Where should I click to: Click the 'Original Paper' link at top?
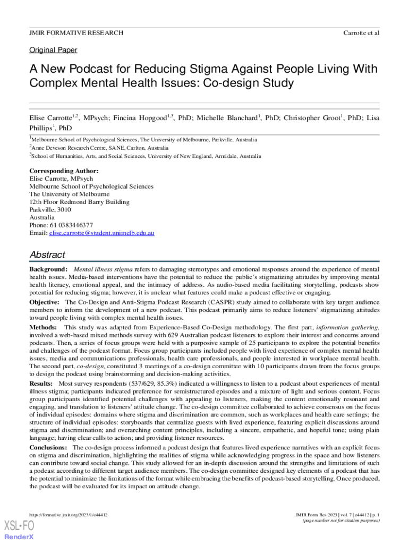(x=53, y=50)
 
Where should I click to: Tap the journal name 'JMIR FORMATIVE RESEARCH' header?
(x=76, y=33)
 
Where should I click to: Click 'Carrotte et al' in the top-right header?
(x=361, y=33)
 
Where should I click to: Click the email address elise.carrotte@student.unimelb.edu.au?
(x=101, y=233)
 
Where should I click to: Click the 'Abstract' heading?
(x=47, y=254)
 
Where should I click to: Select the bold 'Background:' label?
(x=48, y=270)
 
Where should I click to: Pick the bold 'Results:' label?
(x=41, y=383)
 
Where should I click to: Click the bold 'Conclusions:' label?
(x=48, y=448)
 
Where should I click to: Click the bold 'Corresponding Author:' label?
(x=64, y=171)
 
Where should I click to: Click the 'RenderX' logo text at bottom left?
(x=19, y=537)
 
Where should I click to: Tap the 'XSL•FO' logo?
(x=19, y=526)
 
